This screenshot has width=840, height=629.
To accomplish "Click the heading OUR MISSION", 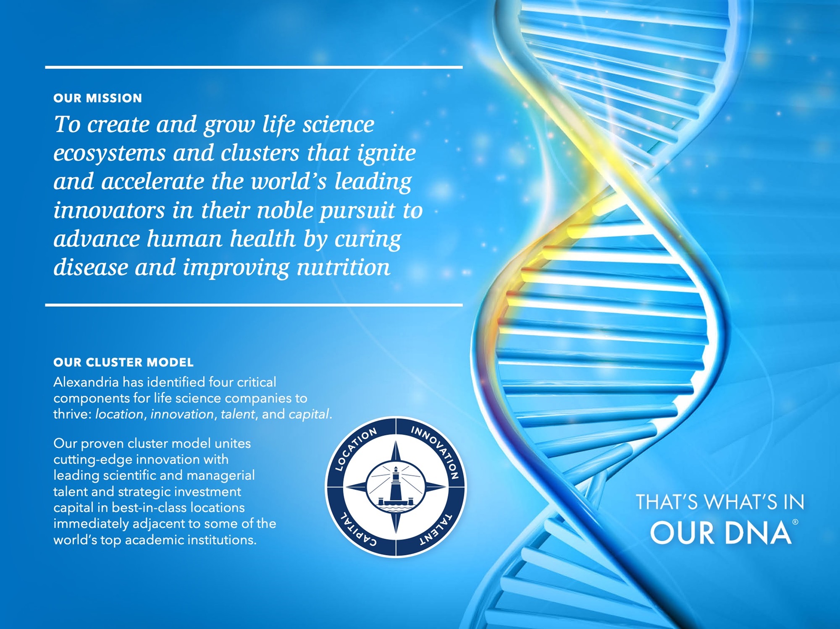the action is (x=97, y=98).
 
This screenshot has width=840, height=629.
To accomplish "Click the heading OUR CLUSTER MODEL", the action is (x=123, y=362).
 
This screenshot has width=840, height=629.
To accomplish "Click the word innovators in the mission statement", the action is (x=109, y=210).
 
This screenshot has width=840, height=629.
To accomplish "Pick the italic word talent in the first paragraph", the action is (x=238, y=414).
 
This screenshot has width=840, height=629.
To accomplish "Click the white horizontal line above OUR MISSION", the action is (x=254, y=67).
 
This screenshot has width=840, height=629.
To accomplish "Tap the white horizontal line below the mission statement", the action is (x=254, y=305).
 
